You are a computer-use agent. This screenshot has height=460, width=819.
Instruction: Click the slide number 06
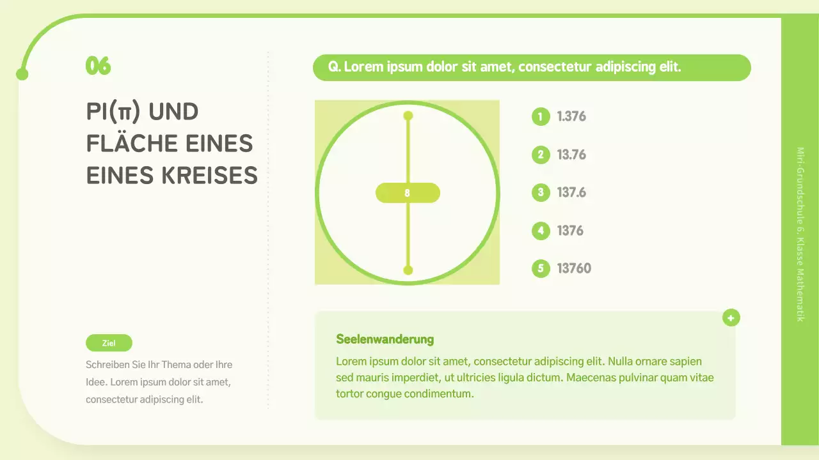coord(98,66)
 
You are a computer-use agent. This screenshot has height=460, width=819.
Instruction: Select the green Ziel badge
coord(109,343)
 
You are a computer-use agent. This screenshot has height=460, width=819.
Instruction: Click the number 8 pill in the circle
coord(408,193)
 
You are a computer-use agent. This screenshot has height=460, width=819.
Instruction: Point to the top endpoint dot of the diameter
coord(408,116)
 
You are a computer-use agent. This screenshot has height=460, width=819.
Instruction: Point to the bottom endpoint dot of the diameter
coord(408,270)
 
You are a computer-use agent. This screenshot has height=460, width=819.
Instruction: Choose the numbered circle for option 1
coord(541,116)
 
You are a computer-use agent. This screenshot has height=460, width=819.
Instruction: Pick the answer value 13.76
coord(571,155)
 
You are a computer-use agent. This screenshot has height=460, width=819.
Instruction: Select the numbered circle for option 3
coord(541,192)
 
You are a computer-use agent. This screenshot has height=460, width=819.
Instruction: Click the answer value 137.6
coord(571,192)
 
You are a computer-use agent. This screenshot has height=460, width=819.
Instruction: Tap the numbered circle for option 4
coord(541,231)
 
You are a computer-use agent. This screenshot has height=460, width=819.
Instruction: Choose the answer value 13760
coord(574,268)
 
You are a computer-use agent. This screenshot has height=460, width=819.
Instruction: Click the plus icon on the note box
coord(731,318)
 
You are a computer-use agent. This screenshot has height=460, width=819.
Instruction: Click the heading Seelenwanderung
coord(385,339)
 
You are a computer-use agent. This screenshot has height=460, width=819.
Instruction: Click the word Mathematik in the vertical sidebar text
coord(800,296)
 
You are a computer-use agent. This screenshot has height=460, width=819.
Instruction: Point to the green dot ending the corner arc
coord(22,75)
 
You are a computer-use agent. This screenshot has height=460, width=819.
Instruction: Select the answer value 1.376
coord(571,116)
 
